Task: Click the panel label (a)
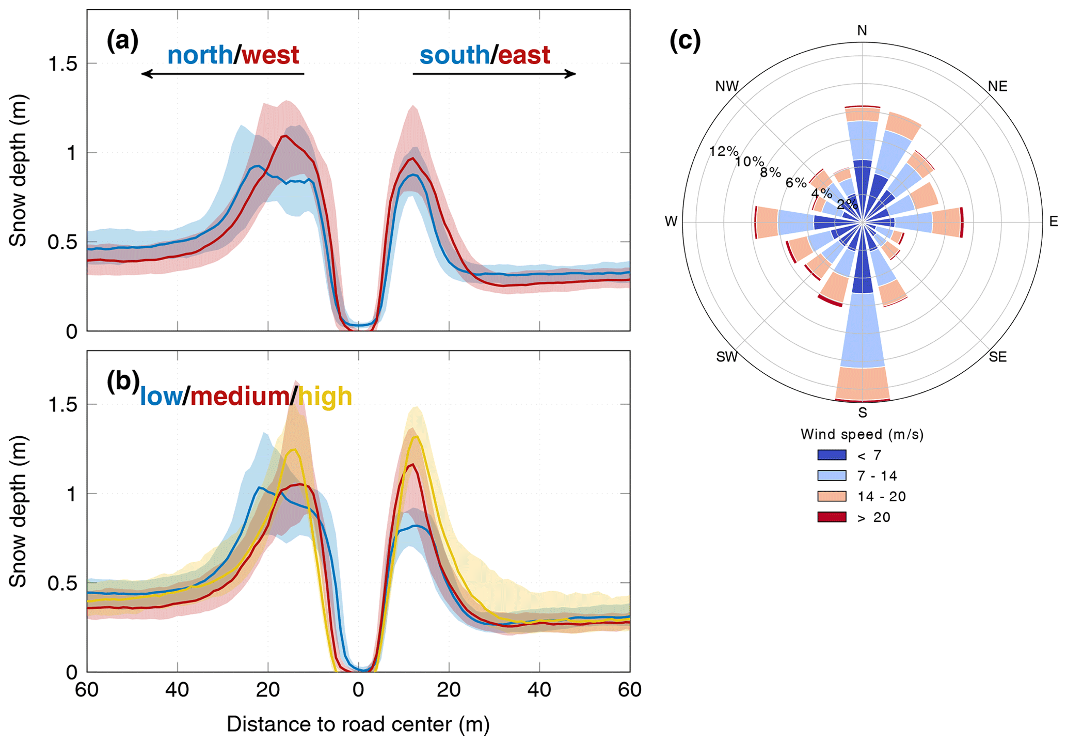click(122, 41)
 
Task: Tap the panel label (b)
click(123, 381)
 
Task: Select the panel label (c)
click(684, 41)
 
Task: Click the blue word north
click(200, 55)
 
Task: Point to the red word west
click(270, 55)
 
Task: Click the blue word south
click(454, 55)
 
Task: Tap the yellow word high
click(325, 397)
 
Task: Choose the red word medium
click(240, 397)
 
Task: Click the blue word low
click(161, 397)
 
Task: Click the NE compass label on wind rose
click(997, 86)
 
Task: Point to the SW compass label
click(727, 357)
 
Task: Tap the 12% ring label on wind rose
click(723, 151)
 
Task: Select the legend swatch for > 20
click(832, 517)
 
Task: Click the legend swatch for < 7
click(832, 455)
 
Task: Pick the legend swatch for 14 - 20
click(832, 496)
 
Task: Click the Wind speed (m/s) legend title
click(862, 434)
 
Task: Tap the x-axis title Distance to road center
click(358, 724)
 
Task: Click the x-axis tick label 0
click(358, 690)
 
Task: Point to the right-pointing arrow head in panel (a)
click(571, 74)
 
